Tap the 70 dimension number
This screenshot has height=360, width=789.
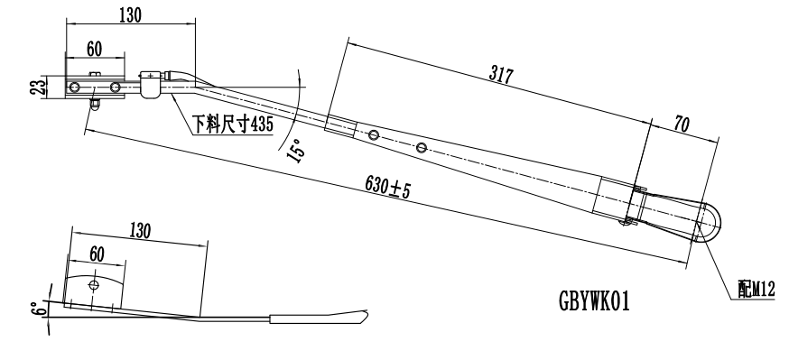(682, 125)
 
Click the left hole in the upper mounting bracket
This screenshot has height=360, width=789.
(75, 88)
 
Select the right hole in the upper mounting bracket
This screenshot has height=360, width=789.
(115, 88)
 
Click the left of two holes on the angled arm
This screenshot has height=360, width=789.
(373, 134)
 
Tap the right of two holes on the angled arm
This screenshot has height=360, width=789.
(422, 147)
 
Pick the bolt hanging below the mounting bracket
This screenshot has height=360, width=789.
(93, 106)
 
